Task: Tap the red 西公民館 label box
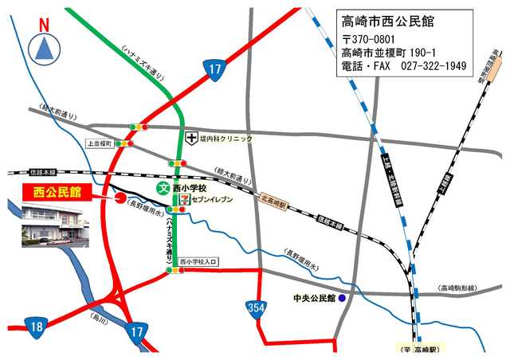[x=57, y=192]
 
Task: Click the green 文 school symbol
[x=163, y=189]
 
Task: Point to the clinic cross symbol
[x=191, y=139]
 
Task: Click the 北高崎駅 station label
[x=273, y=202]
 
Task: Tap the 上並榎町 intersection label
[x=99, y=143]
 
